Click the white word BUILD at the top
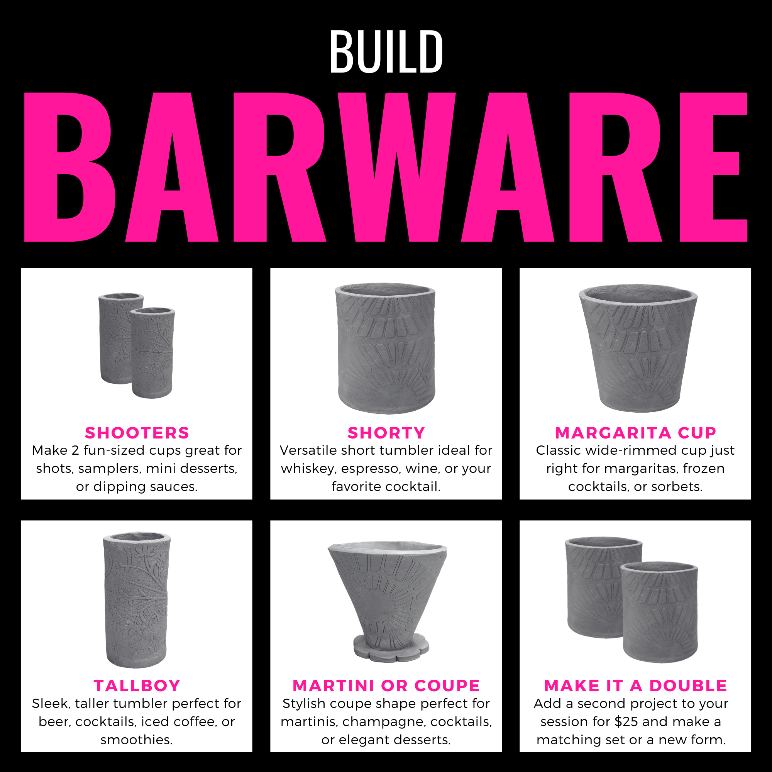click(x=386, y=52)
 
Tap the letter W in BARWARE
click(x=397, y=167)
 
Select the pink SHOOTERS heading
click(x=137, y=433)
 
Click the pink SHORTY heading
click(x=386, y=433)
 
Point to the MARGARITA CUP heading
click(x=635, y=433)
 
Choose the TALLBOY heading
click(x=137, y=686)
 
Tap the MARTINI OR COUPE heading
click(x=386, y=686)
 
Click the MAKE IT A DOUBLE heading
click(x=635, y=686)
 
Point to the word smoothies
click(x=137, y=740)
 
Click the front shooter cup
click(x=152, y=353)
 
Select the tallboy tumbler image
click(x=137, y=599)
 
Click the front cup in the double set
click(x=659, y=612)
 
